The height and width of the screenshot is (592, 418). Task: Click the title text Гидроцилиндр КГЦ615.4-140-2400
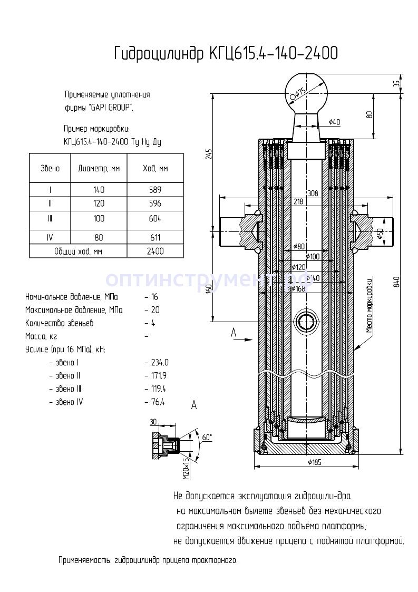(226, 54)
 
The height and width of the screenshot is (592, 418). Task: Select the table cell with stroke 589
(155, 190)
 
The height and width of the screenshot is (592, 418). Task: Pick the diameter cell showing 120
(99, 203)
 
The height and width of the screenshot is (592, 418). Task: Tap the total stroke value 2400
(155, 251)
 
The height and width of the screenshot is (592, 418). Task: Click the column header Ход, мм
(155, 169)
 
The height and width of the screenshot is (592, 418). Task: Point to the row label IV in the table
(50, 238)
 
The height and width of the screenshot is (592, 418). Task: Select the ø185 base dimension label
(315, 462)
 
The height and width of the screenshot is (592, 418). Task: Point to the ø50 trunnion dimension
(381, 234)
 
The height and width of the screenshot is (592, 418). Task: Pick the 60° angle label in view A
(207, 437)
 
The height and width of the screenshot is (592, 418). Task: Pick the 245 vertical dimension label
(209, 154)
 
